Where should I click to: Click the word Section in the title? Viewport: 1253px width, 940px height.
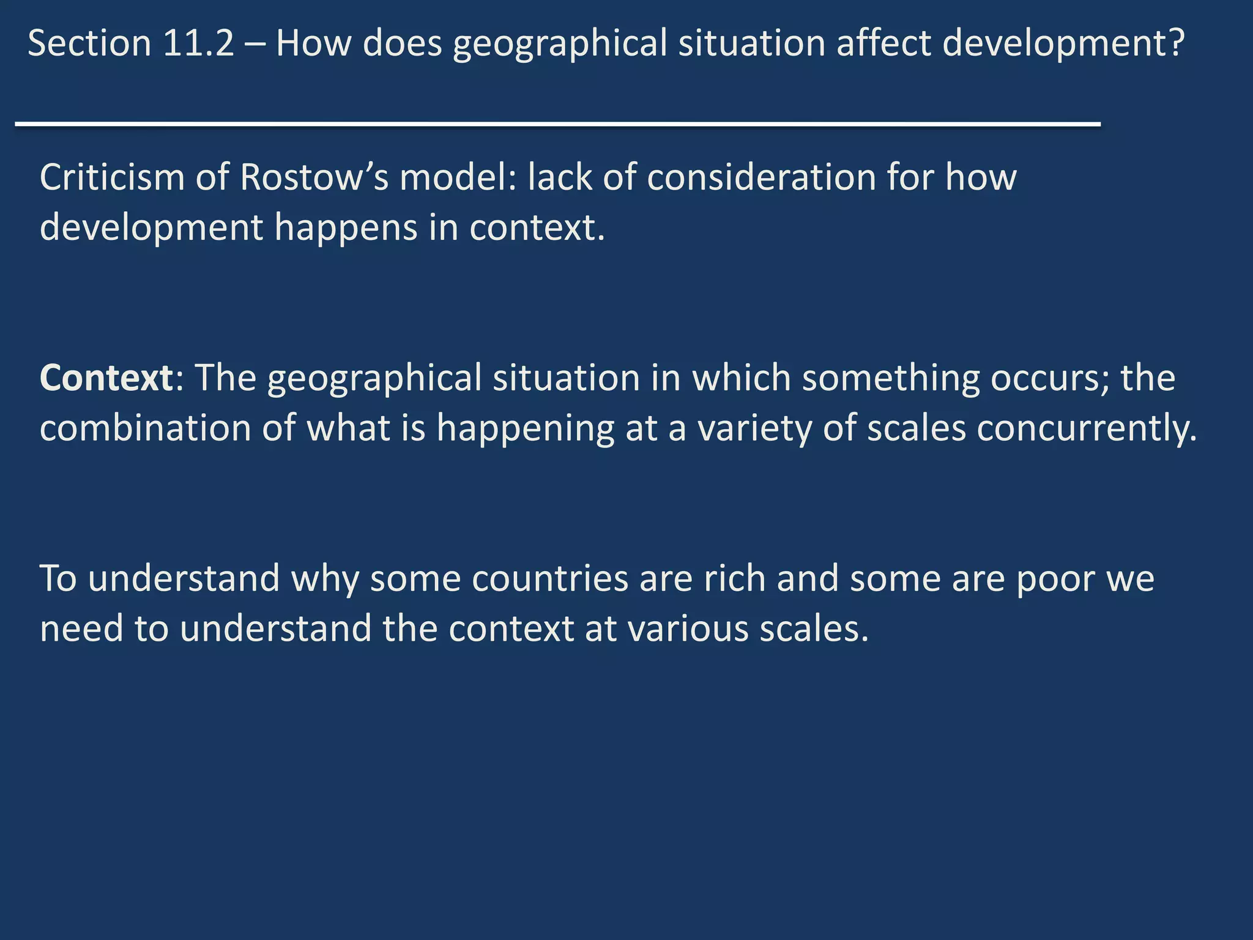tap(89, 44)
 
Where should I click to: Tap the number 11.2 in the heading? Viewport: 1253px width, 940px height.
tap(199, 44)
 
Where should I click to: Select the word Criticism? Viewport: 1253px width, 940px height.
tap(112, 177)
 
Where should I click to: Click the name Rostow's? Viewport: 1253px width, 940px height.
tap(314, 177)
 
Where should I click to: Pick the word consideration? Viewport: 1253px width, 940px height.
tap(761, 177)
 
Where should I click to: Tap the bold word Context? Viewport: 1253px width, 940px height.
tap(106, 378)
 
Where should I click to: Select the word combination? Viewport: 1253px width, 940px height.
tap(145, 428)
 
